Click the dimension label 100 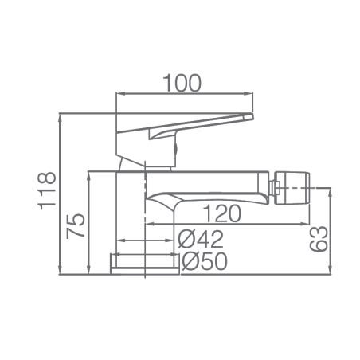coord(182,83)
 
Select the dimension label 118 coord(47,190)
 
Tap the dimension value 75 coord(76,225)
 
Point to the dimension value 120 coord(222,213)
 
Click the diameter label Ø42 coord(201,239)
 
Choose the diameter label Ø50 coord(205,261)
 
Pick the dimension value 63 coord(319,238)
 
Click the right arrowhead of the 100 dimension coord(249,93)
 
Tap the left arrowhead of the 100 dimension coord(121,93)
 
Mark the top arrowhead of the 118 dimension coord(61,118)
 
